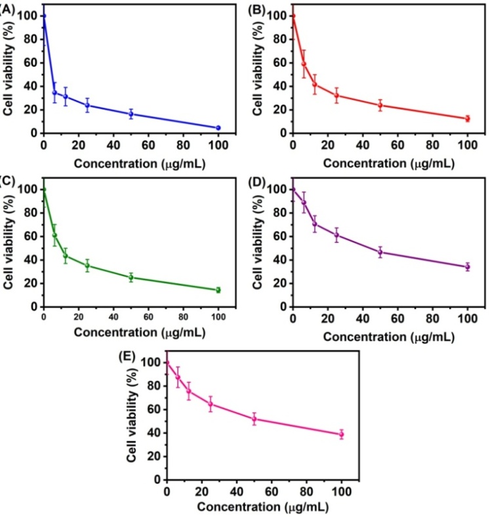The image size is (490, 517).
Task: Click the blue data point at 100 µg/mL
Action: click(x=218, y=127)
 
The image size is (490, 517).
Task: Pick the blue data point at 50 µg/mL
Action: click(x=131, y=114)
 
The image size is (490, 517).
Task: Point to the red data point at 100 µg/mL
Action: click(x=467, y=118)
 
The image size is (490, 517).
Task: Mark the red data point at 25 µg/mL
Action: click(x=337, y=95)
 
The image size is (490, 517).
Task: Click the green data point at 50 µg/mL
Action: click(x=131, y=277)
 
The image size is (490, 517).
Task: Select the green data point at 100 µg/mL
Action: click(x=218, y=289)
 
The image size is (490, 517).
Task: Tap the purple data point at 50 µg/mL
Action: click(x=380, y=252)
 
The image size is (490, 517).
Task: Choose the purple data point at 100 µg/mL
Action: click(x=467, y=266)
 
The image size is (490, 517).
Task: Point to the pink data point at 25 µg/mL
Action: click(x=211, y=403)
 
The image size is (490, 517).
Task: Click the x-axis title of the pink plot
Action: click(x=262, y=507)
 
